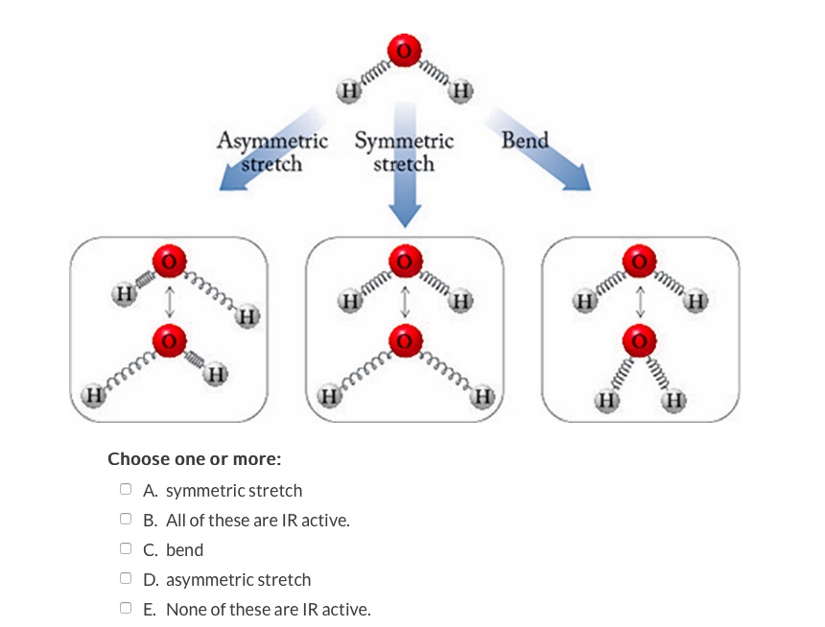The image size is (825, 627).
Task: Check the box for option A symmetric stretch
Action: click(126, 490)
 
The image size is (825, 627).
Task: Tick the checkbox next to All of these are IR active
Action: click(126, 520)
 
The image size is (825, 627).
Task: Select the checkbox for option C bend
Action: click(126, 549)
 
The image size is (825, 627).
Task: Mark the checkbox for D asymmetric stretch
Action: click(126, 579)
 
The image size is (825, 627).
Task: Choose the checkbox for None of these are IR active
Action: click(126, 608)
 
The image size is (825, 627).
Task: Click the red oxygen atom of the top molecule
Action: click(404, 50)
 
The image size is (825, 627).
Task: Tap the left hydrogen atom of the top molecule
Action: click(348, 91)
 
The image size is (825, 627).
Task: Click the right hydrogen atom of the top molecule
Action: click(461, 92)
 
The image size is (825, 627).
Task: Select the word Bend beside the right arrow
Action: click(525, 140)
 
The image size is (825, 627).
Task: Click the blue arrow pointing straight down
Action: click(405, 192)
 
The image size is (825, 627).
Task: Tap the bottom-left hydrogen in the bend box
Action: click(606, 400)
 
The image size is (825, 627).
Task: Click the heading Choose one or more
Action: click(194, 459)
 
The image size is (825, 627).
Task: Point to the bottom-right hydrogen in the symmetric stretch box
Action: click(483, 395)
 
